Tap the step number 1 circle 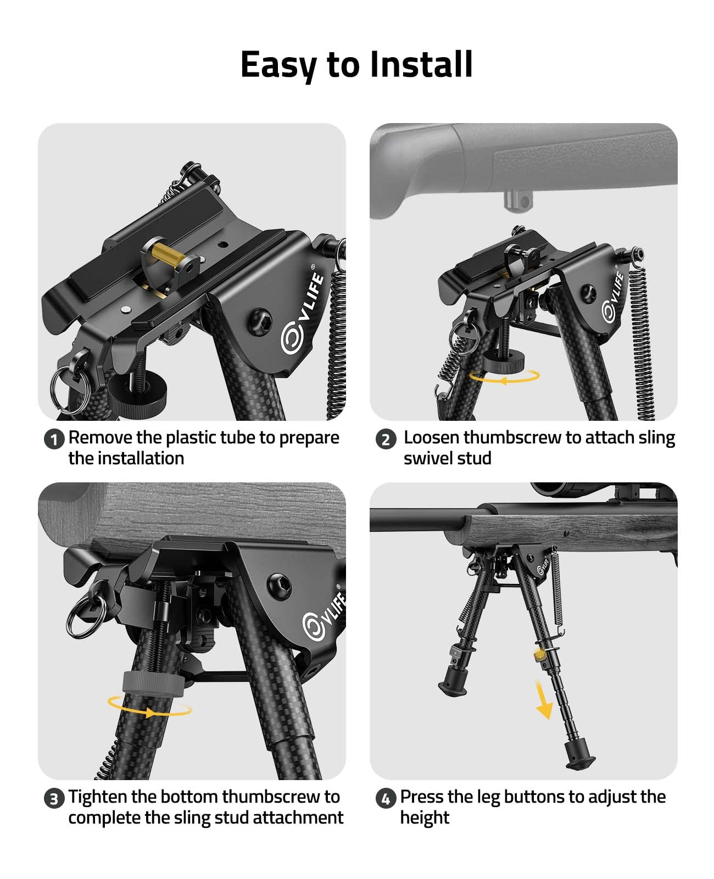(x=54, y=439)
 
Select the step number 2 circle (x=386, y=439)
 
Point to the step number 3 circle (x=54, y=799)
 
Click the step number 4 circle (x=386, y=799)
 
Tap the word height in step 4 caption (x=424, y=818)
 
